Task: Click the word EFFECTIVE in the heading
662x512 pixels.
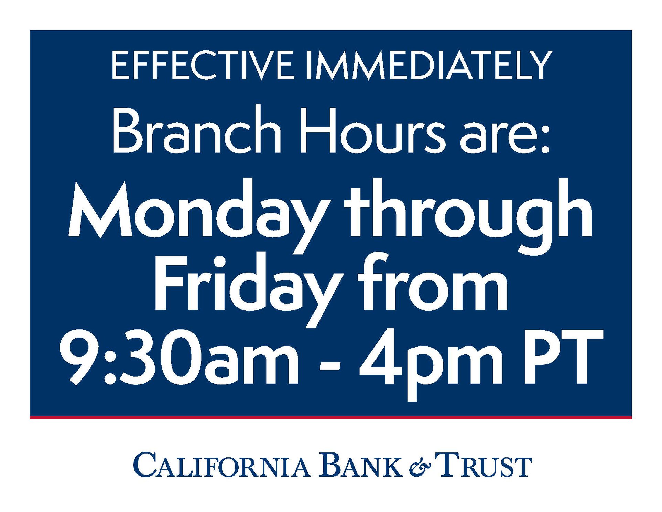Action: [203, 65]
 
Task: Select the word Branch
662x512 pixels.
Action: [196, 129]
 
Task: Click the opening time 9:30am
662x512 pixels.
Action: [179, 357]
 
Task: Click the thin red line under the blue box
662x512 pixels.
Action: [331, 417]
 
